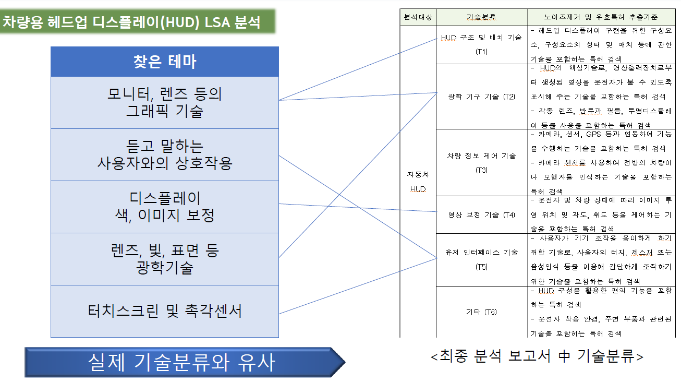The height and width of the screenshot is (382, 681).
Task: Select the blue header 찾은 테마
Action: coord(165,62)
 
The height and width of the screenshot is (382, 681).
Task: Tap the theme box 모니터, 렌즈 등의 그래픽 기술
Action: coord(165,102)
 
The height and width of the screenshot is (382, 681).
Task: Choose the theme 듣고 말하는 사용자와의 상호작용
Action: coord(165,154)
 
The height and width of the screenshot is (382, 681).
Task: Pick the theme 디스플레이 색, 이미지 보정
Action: coord(165,207)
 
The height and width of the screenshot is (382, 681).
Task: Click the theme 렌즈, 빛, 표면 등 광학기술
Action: coord(165,259)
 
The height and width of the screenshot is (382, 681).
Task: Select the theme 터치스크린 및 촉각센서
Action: coord(165,311)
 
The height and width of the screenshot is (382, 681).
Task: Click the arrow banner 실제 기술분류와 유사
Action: coord(183,362)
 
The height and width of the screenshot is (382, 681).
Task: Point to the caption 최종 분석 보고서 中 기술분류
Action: coord(537,356)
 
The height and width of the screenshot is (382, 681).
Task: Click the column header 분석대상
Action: coord(418,17)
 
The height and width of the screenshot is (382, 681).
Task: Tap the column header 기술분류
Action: coord(481,17)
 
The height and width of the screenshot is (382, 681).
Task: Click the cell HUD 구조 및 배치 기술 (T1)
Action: coord(481,44)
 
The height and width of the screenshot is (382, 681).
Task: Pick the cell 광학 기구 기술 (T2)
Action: coord(481,97)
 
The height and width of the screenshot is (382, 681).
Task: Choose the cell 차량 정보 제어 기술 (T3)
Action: coord(481,162)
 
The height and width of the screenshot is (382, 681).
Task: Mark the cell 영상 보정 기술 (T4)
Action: coord(481,214)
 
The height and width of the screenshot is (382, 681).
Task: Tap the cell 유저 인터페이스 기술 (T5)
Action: coord(481,259)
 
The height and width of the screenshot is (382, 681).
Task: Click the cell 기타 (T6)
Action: coord(481,312)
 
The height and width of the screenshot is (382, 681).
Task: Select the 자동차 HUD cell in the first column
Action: coord(418,181)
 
